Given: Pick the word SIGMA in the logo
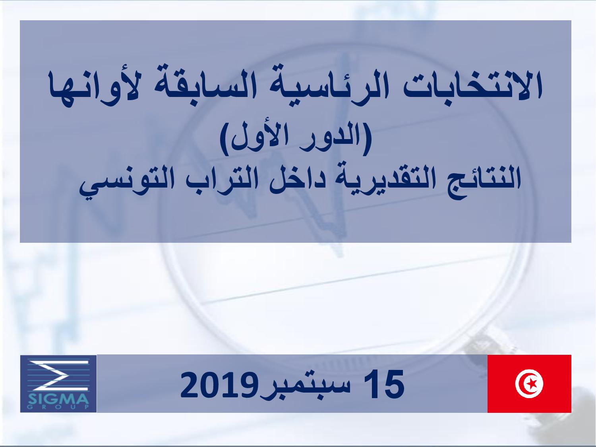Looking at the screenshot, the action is [x=58, y=399].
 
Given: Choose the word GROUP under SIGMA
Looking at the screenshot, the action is [x=58, y=407].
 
